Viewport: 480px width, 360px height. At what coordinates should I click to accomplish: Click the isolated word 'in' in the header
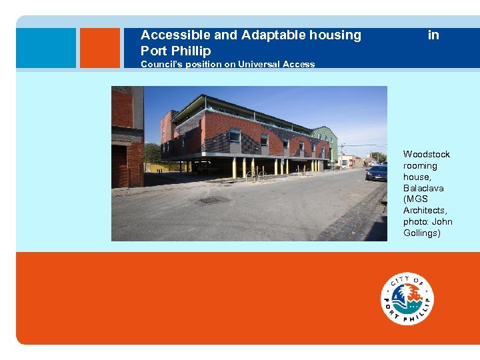click(x=433, y=35)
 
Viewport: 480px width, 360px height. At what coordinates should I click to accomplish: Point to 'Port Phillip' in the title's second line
click(x=175, y=51)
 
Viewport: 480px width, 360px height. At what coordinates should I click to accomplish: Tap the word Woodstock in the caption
click(x=426, y=154)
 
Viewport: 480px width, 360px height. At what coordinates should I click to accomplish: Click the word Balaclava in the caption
click(x=423, y=188)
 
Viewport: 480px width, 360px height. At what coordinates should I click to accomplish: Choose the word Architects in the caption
click(x=425, y=211)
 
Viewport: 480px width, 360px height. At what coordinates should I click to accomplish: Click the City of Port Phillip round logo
click(x=407, y=299)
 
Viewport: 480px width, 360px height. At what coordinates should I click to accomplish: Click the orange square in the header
click(x=99, y=48)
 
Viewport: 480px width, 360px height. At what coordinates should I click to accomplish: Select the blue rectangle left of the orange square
click(x=46, y=48)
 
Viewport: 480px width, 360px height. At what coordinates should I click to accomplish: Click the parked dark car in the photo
click(x=377, y=173)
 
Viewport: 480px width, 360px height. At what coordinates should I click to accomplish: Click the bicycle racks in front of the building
click(x=256, y=176)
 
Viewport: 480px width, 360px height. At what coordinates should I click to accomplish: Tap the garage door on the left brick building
click(x=120, y=167)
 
